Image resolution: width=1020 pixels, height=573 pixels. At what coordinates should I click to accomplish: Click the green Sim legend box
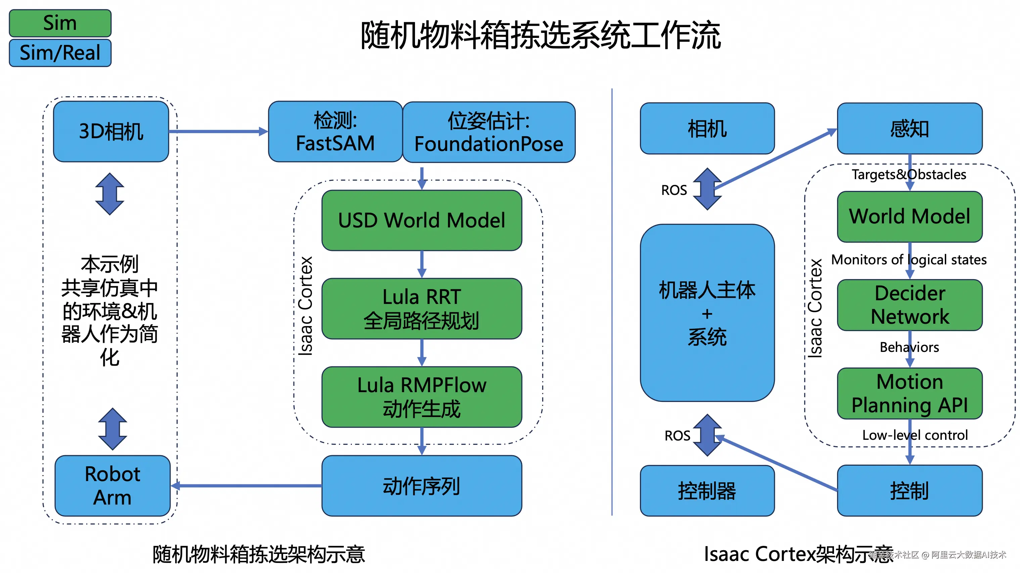pyautogui.click(x=60, y=23)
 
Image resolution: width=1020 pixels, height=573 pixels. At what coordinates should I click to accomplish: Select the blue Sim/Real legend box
pyautogui.click(x=60, y=53)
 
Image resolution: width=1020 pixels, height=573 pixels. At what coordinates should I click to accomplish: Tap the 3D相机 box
pyautogui.click(x=111, y=132)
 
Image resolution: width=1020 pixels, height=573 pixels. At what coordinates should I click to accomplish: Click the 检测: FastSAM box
pyautogui.click(x=335, y=132)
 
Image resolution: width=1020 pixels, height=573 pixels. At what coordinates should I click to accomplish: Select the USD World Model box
pyautogui.click(x=422, y=220)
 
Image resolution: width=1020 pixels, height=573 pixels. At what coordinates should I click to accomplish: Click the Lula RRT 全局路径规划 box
pyautogui.click(x=422, y=309)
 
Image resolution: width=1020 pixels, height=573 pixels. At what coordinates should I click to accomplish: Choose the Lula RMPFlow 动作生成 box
pyautogui.click(x=422, y=397)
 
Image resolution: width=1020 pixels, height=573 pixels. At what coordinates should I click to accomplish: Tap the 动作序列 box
pyautogui.click(x=422, y=486)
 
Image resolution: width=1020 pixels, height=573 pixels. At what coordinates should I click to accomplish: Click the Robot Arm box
pyautogui.click(x=112, y=486)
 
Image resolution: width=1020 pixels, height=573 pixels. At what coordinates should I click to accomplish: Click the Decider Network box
pyautogui.click(x=910, y=305)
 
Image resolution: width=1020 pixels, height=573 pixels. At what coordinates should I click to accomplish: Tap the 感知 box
pyautogui.click(x=910, y=128)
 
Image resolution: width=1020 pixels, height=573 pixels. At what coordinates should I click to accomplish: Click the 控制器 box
pyautogui.click(x=707, y=491)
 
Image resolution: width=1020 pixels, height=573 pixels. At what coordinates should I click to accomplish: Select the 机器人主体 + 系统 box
pyautogui.click(x=707, y=313)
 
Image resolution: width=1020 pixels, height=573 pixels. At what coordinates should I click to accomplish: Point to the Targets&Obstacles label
pyautogui.click(x=909, y=174)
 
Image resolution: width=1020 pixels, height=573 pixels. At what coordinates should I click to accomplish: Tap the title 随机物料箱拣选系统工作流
pyautogui.click(x=541, y=36)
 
